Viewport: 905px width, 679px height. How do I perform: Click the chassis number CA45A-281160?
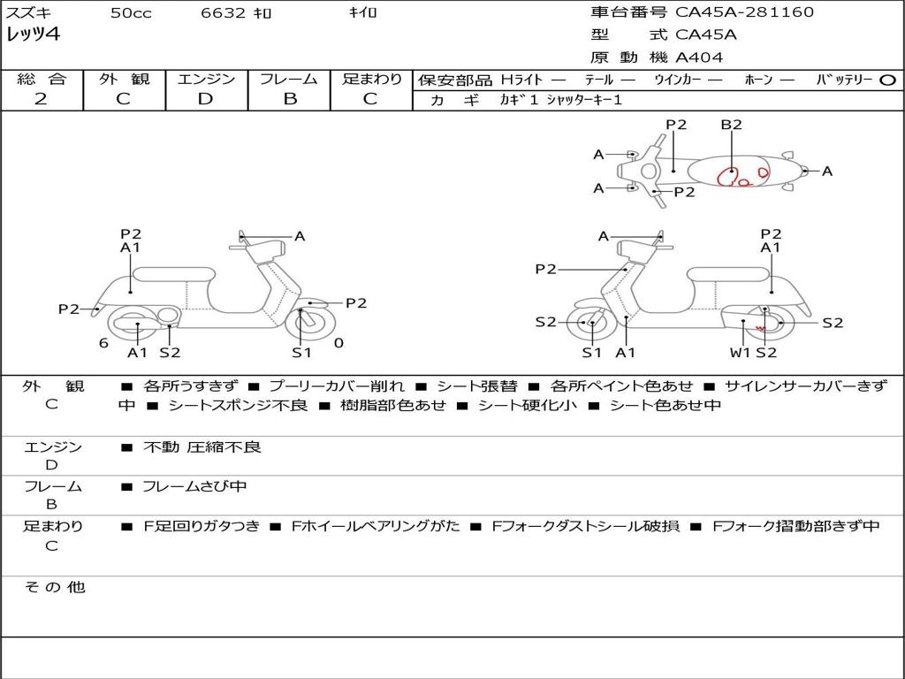click(x=744, y=11)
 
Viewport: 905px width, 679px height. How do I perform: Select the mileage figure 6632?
click(x=224, y=12)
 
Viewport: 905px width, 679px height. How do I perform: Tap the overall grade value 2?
click(x=41, y=99)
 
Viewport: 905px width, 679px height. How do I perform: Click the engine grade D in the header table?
click(x=205, y=99)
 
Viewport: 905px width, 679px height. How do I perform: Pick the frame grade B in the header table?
click(x=290, y=99)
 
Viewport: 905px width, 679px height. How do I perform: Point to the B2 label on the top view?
click(x=731, y=124)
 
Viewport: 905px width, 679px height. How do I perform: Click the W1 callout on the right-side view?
click(x=740, y=352)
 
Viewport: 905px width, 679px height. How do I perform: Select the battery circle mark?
click(x=887, y=80)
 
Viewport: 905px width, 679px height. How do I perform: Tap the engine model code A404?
click(x=699, y=57)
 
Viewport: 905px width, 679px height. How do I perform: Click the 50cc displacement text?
click(x=131, y=12)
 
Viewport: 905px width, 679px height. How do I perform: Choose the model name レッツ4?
click(x=33, y=34)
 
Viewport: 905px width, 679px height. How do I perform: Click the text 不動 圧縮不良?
click(x=202, y=446)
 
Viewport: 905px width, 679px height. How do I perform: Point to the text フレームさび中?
click(x=194, y=486)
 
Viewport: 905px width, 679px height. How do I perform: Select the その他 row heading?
click(x=54, y=587)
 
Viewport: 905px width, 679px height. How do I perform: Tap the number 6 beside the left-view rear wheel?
click(x=103, y=343)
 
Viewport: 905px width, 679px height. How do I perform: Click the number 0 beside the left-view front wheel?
click(x=338, y=343)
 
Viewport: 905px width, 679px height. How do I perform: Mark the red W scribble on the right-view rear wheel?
click(x=761, y=328)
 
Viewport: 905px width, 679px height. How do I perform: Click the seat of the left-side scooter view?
click(x=174, y=274)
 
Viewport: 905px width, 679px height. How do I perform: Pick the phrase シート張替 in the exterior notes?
click(x=476, y=385)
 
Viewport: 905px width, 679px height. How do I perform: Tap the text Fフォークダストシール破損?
click(x=585, y=526)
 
